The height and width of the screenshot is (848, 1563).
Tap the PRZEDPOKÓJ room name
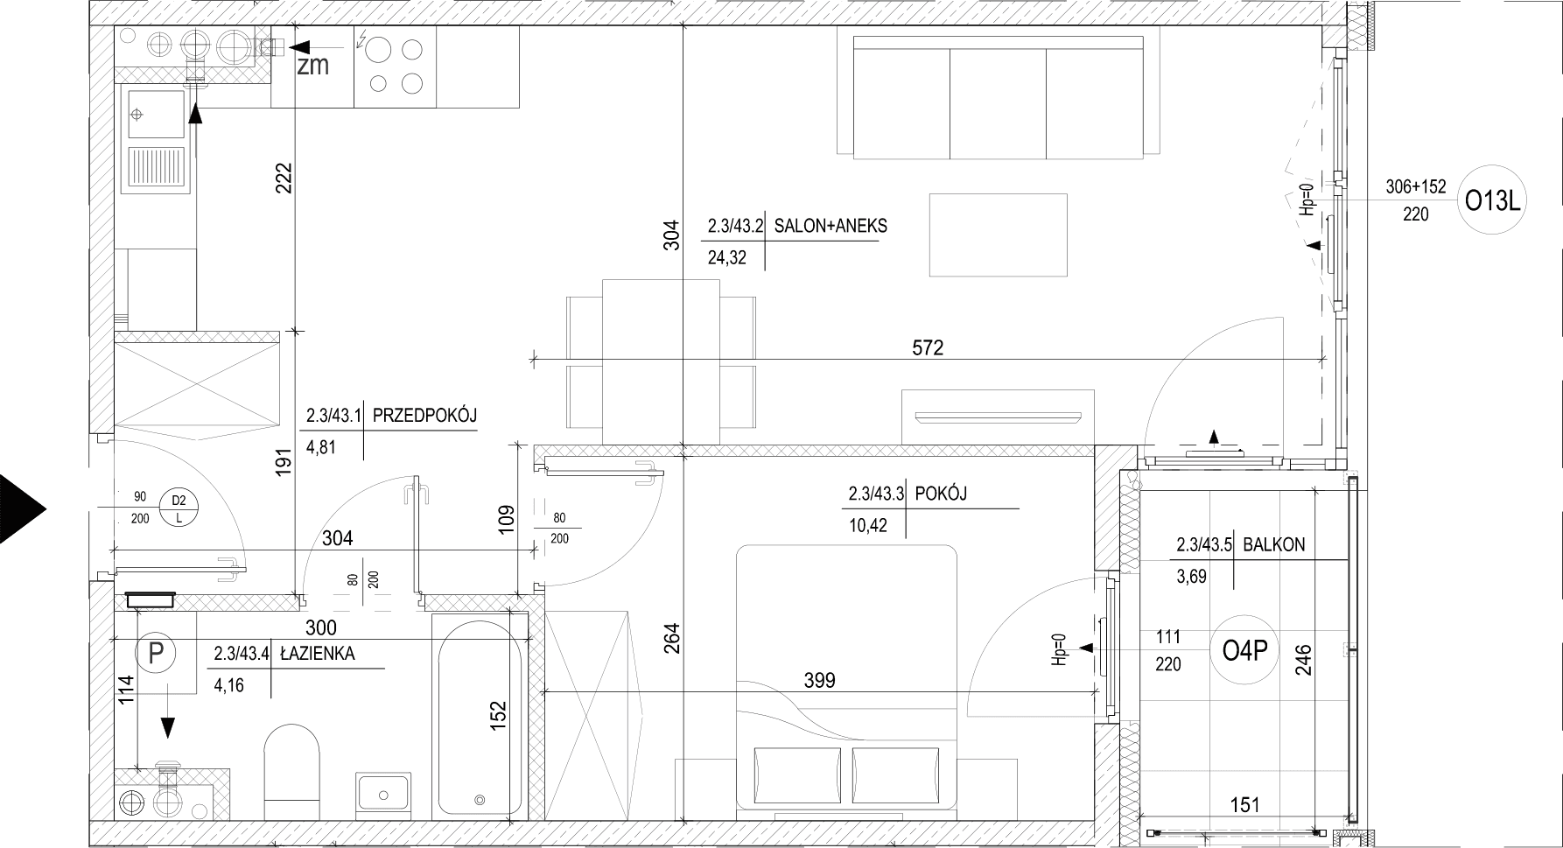[x=424, y=416]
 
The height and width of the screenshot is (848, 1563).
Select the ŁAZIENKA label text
[x=317, y=653]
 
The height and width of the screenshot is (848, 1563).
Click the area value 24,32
[x=727, y=258]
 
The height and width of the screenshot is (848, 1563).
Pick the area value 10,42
[x=867, y=525]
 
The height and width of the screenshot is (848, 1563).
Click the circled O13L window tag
[x=1494, y=202]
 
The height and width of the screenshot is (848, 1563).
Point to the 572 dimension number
[x=928, y=347]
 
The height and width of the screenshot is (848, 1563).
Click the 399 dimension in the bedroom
[x=819, y=680]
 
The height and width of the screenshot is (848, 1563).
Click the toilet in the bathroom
[x=292, y=760]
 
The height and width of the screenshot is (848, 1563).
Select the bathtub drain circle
[x=479, y=799]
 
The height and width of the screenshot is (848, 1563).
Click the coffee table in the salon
[x=998, y=235]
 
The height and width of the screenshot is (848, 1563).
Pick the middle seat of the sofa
[x=998, y=103]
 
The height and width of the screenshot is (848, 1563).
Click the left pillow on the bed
[x=797, y=775]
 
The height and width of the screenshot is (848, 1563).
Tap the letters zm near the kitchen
[x=312, y=66]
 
